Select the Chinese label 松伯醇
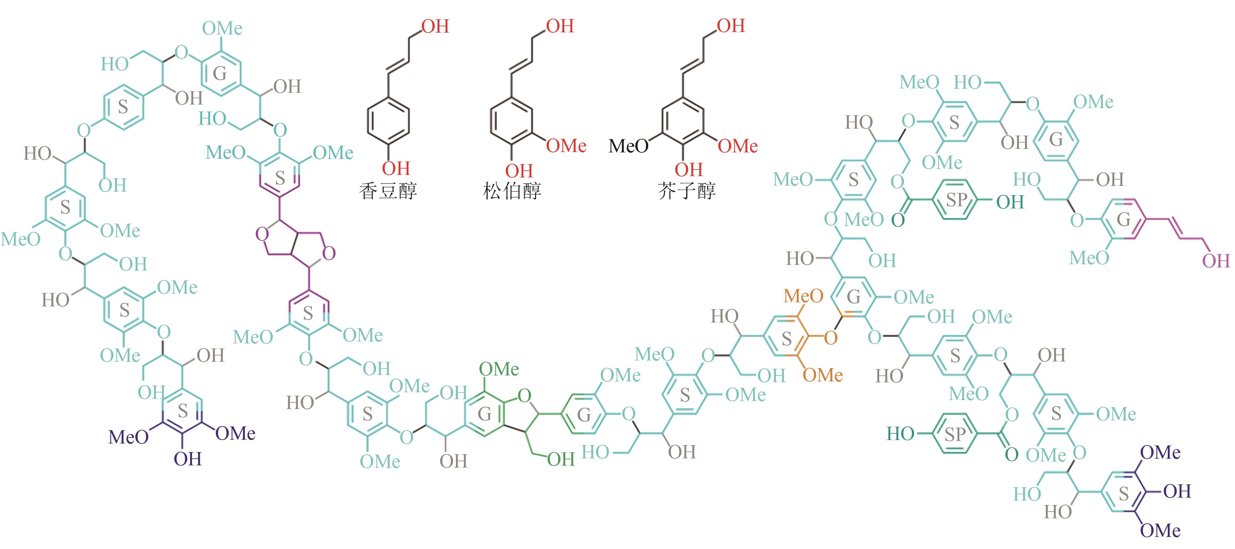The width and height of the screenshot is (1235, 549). click(512, 191)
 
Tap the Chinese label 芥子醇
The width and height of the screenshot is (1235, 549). click(687, 191)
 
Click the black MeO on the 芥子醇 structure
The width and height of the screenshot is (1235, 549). click(628, 146)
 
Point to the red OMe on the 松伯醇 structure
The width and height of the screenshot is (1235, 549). click(566, 146)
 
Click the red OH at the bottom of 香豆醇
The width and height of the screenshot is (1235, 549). click(396, 168)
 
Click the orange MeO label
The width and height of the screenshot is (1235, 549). click(803, 296)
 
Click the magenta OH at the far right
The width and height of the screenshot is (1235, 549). click(1216, 261)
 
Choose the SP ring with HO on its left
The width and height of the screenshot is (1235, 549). click(954, 434)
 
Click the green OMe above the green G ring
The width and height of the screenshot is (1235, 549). click(499, 369)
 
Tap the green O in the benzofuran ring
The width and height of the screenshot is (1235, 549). click(524, 396)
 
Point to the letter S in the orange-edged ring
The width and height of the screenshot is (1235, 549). click(786, 339)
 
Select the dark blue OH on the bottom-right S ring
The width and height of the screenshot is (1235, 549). click(1177, 491)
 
